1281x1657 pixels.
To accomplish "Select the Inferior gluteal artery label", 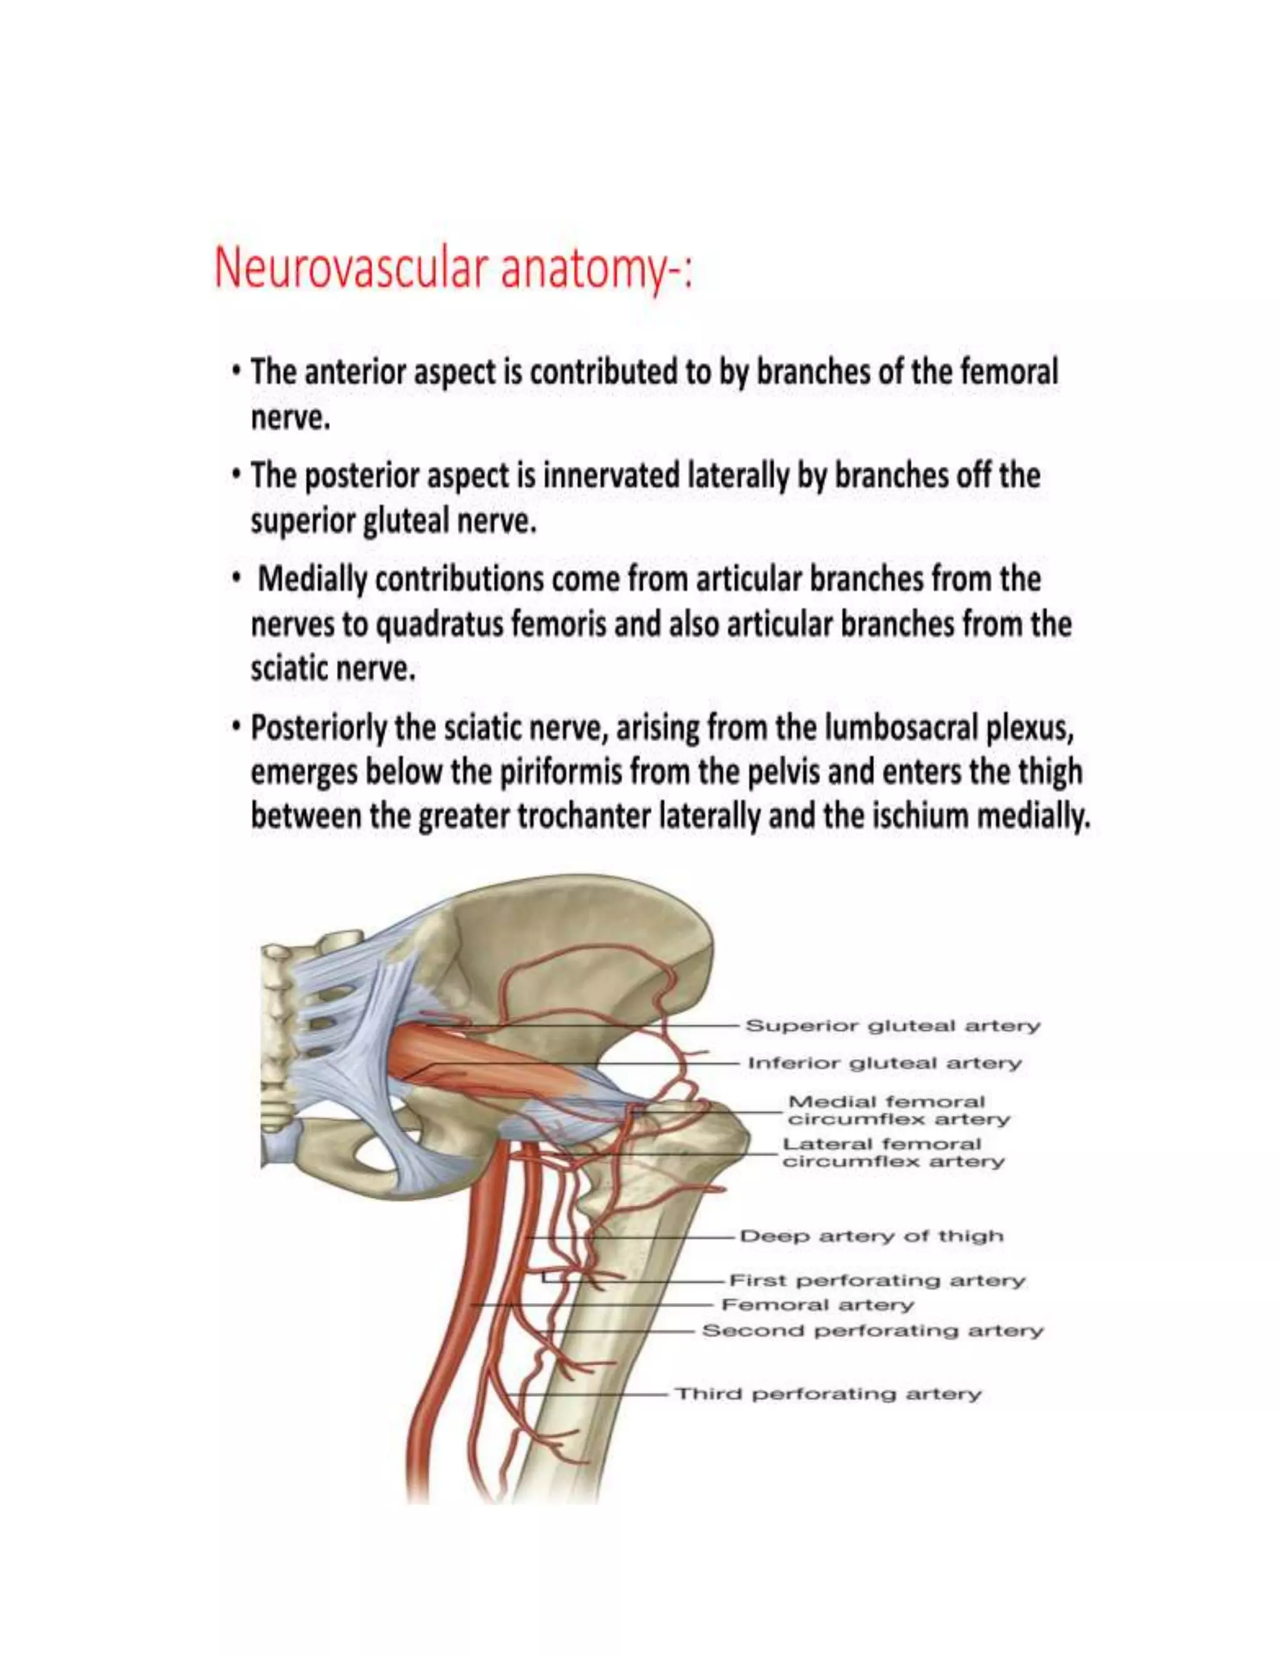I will [885, 1063].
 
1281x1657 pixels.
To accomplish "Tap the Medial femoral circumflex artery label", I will [899, 1111].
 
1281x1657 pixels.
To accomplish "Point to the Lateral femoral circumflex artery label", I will [893, 1153].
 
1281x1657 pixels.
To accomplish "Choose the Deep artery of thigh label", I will [871, 1236].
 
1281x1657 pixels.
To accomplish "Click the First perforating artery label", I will [876, 1281].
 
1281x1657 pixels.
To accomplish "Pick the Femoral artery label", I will [818, 1305].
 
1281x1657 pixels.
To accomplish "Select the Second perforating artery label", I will [873, 1331].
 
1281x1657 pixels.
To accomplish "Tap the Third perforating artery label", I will [828, 1394].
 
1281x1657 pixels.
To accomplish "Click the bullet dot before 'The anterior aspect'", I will [238, 373].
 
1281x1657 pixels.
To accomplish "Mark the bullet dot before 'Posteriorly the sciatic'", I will [238, 728].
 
